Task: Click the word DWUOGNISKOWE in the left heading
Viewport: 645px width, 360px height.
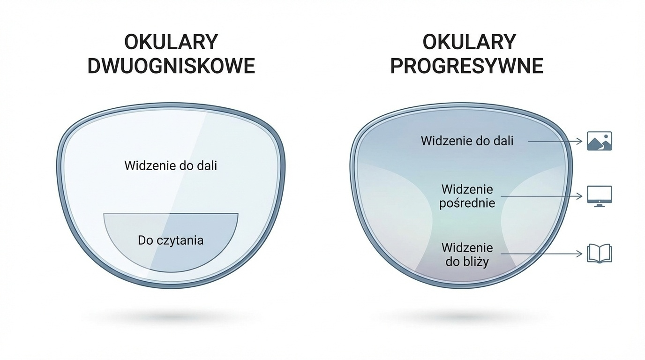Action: point(171,66)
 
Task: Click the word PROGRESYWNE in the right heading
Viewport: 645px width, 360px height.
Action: point(466,66)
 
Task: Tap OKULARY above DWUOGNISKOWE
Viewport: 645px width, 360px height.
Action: point(171,42)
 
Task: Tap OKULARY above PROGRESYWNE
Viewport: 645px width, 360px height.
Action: point(469,42)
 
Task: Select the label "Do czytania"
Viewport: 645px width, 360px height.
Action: point(171,240)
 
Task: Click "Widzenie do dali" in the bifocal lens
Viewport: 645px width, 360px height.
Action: point(171,165)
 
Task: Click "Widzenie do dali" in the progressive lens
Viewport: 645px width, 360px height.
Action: point(467,141)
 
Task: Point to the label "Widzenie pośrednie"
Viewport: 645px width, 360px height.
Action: point(467,196)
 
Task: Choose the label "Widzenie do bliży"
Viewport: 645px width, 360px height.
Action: point(467,254)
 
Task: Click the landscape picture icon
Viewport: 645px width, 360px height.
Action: point(600,141)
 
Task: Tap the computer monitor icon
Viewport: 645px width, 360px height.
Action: point(600,196)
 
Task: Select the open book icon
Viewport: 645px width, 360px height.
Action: point(600,254)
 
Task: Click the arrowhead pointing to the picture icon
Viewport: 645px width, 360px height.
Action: point(580,141)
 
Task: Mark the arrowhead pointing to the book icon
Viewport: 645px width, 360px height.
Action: point(580,254)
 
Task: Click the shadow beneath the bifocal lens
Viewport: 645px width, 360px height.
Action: point(171,317)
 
